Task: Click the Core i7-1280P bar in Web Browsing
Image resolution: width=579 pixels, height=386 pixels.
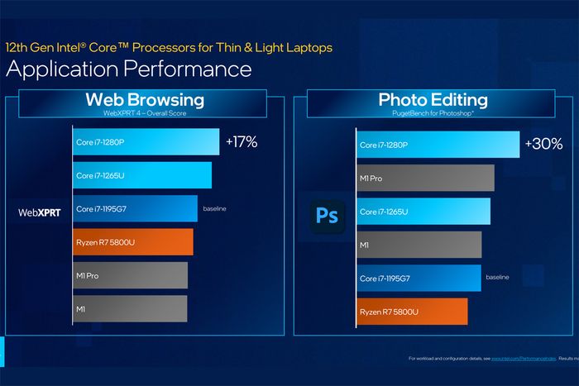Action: coord(146,141)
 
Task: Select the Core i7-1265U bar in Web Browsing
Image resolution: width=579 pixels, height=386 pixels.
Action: coord(141,175)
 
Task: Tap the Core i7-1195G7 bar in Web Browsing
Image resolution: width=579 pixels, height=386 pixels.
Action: coord(135,208)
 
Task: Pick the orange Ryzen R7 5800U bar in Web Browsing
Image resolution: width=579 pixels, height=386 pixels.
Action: coord(132,241)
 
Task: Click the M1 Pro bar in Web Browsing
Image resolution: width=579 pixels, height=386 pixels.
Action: coord(130,275)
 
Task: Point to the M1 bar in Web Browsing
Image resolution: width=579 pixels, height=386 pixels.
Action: coord(130,308)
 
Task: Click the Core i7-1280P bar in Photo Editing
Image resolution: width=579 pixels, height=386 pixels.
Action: coord(438,145)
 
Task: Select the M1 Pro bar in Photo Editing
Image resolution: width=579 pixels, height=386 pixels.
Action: coord(425,178)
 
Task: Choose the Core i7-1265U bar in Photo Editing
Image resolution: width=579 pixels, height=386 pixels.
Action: coord(423,212)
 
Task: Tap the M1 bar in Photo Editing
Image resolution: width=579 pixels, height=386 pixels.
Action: coord(419,245)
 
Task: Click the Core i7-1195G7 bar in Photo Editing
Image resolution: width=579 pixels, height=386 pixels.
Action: coord(419,278)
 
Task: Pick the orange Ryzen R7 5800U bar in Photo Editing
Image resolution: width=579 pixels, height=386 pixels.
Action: coord(412,312)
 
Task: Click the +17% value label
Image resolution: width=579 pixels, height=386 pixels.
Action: coord(242,142)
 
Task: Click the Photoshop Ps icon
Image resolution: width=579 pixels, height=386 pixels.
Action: coord(327,216)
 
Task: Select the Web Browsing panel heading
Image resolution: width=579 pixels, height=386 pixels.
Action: coord(145,100)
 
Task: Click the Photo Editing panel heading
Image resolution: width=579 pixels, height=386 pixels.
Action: coord(433,100)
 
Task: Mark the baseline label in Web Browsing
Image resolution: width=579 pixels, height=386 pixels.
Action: coord(213,208)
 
